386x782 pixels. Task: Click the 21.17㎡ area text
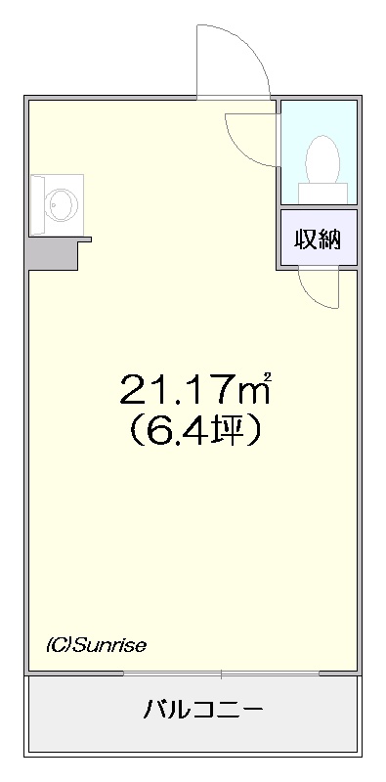coord(195,389)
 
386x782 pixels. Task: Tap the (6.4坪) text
coord(194,430)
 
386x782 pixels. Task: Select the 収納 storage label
coord(318,240)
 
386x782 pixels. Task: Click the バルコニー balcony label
coord(203,709)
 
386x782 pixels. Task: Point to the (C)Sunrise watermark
coord(96,646)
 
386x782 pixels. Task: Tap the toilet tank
coord(322,193)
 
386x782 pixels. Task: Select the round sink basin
coord(62,203)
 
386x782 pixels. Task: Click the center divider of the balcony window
coord(221,673)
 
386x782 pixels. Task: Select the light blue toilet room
coord(319,152)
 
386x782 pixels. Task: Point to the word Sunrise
coord(109,646)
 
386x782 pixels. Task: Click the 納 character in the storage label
coord(329,240)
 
